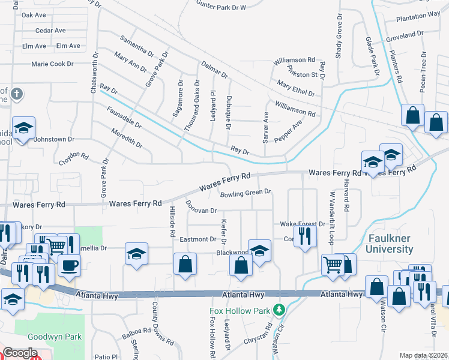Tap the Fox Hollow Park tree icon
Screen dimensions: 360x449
click(278, 310)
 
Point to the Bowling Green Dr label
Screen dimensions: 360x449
click(246, 194)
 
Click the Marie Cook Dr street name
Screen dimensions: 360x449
click(52, 64)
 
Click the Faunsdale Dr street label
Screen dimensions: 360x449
click(124, 118)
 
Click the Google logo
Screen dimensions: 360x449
click(20, 353)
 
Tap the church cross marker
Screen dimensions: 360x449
click(17, 94)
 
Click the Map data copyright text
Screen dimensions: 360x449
click(424, 355)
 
